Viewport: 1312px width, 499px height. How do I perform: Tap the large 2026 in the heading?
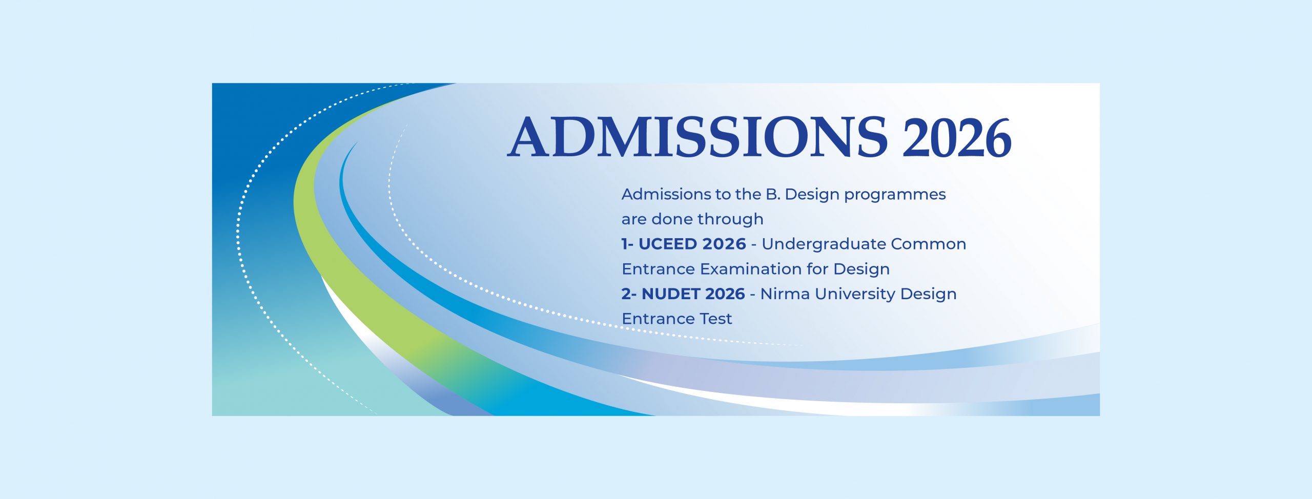coord(957,138)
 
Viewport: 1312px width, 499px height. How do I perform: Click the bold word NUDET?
coord(669,294)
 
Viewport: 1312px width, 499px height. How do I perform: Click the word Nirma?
coord(785,294)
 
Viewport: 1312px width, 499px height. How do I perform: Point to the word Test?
coord(716,319)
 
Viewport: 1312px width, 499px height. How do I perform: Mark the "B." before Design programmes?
coord(773,194)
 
